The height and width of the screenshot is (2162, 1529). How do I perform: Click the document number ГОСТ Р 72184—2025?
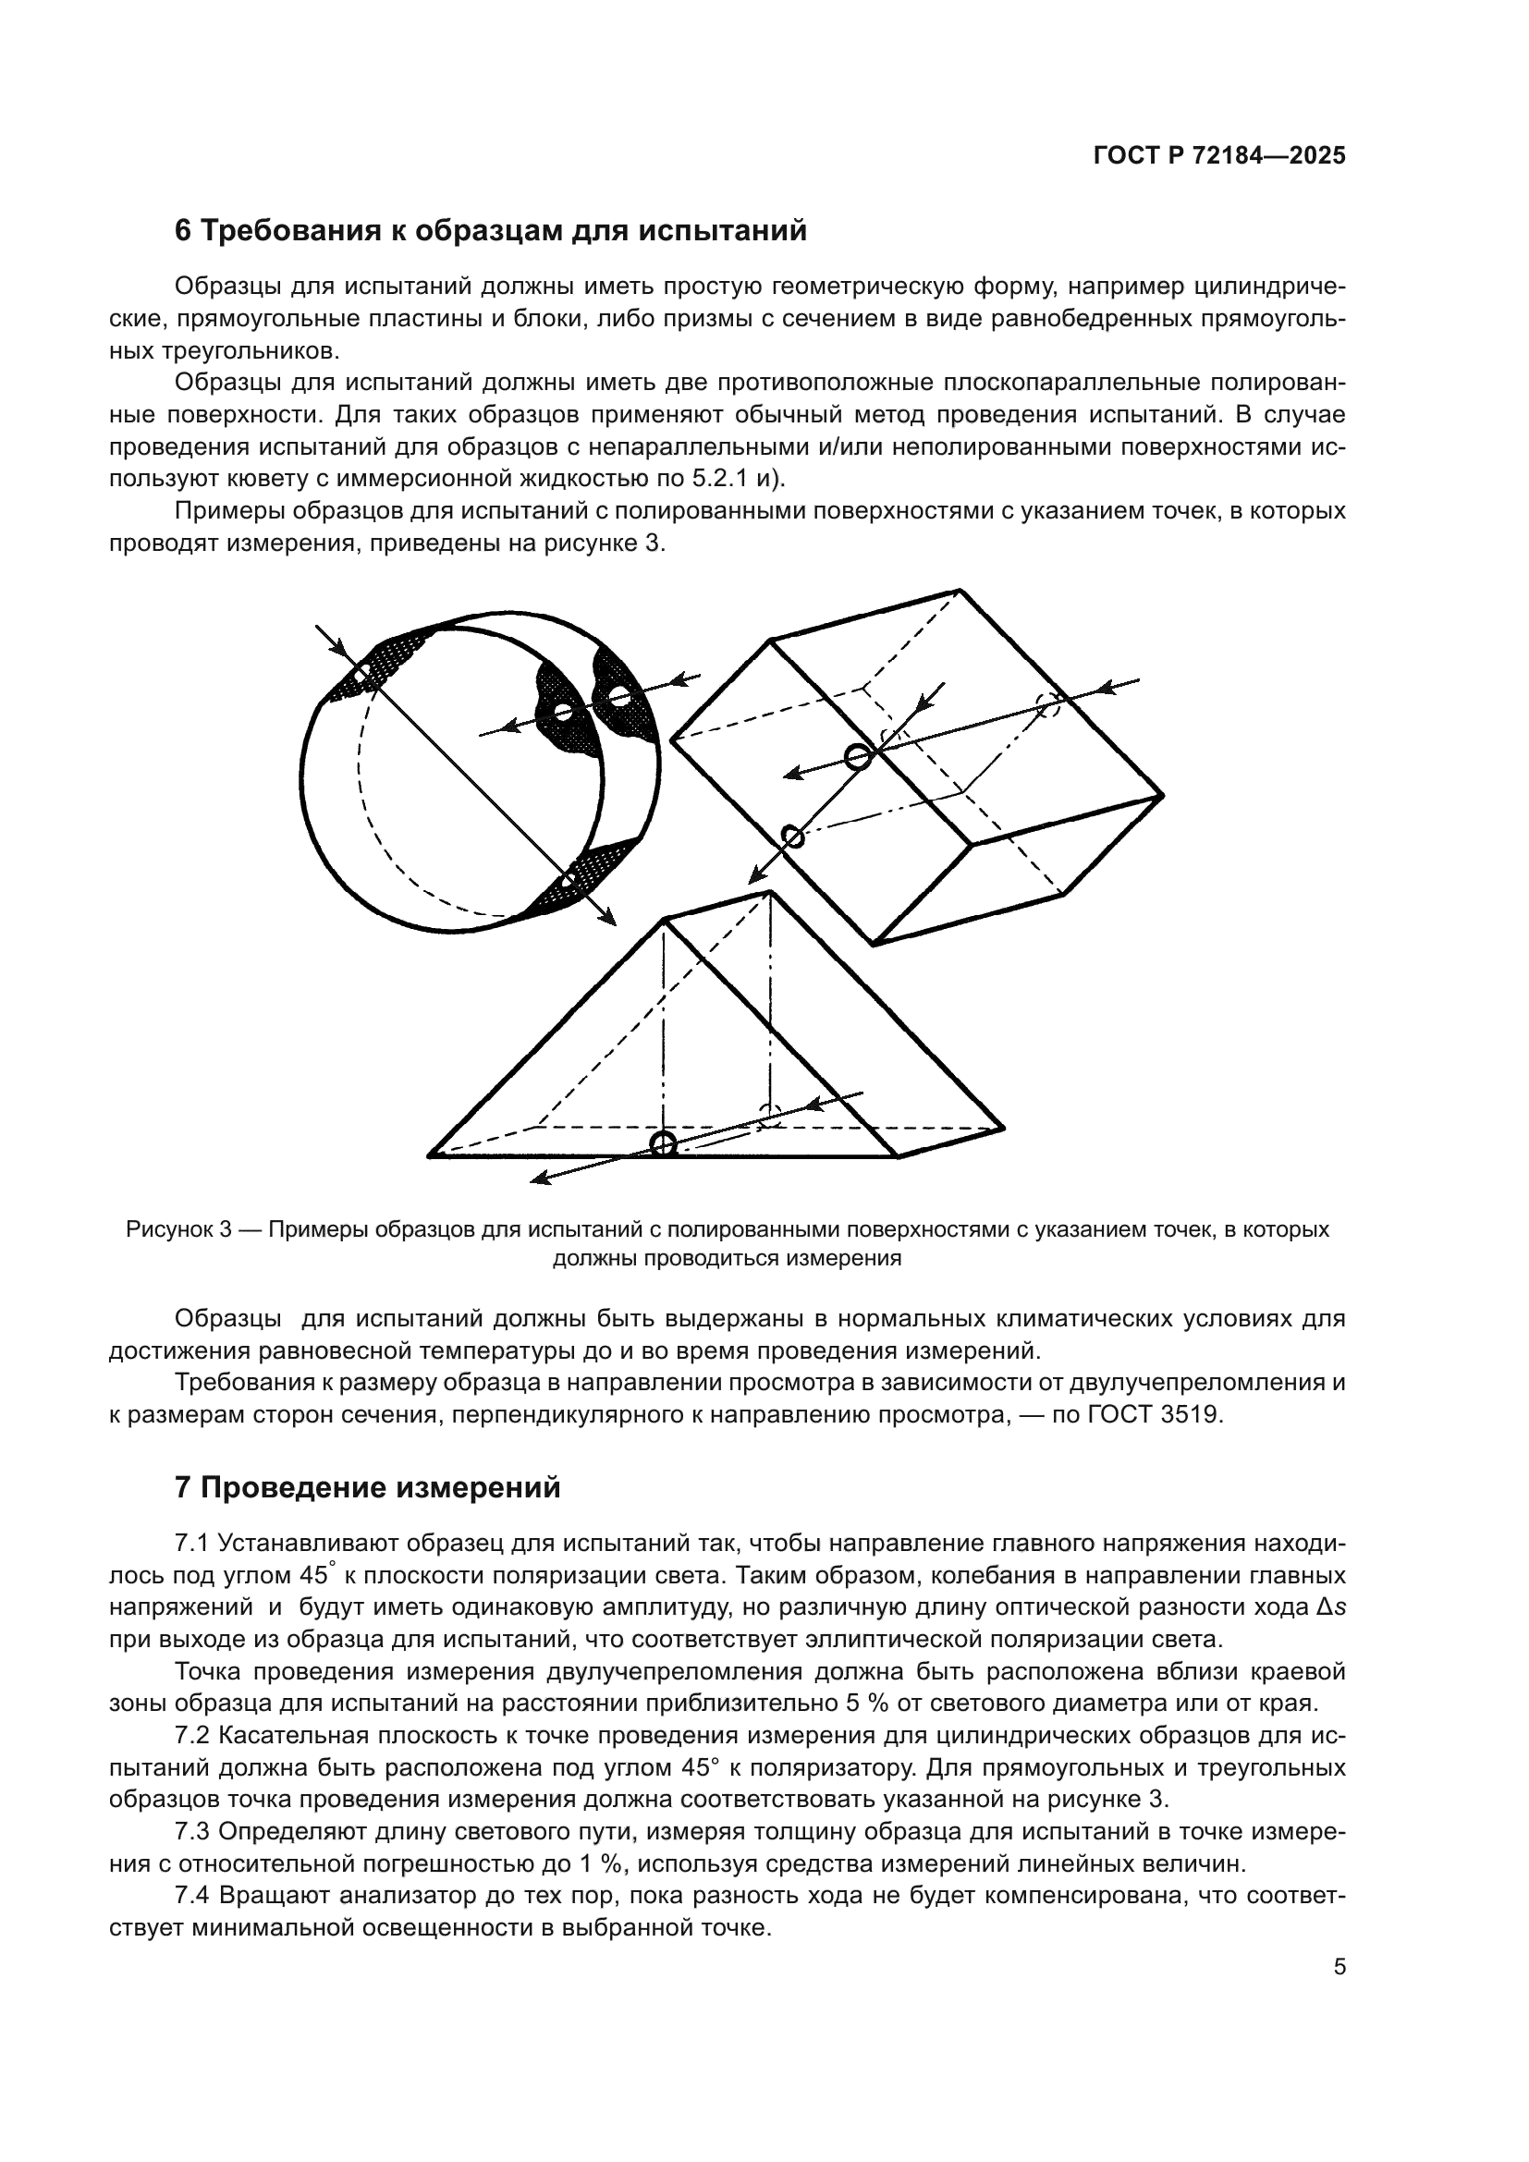pyautogui.click(x=1219, y=156)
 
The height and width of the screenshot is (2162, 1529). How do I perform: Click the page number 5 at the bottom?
pyautogui.click(x=1339, y=1967)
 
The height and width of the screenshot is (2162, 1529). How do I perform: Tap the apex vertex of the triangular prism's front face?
pyautogui.click(x=666, y=919)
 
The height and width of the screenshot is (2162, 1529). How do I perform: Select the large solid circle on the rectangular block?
pyautogui.click(x=857, y=756)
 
